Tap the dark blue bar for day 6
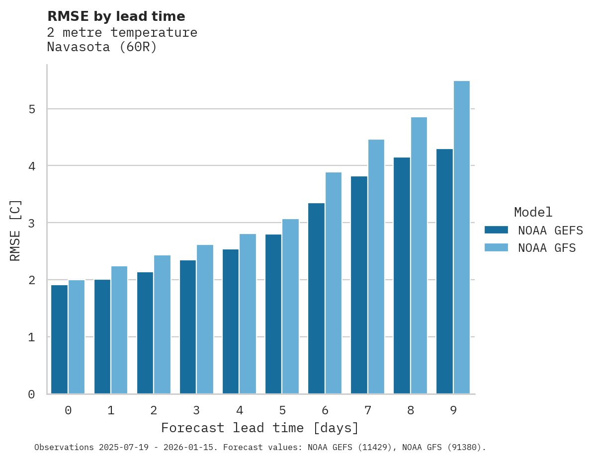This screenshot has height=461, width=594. (316, 298)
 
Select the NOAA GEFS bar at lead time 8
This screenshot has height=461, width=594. (402, 276)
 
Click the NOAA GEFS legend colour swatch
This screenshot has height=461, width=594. (496, 230)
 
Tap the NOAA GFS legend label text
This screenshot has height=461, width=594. (547, 248)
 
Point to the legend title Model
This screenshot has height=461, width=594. (533, 213)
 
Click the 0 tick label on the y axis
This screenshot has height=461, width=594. (31, 394)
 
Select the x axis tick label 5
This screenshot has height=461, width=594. (282, 411)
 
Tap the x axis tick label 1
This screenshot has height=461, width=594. (111, 411)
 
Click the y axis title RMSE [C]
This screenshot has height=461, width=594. (15, 230)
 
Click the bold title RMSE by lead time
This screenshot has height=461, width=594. (116, 16)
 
